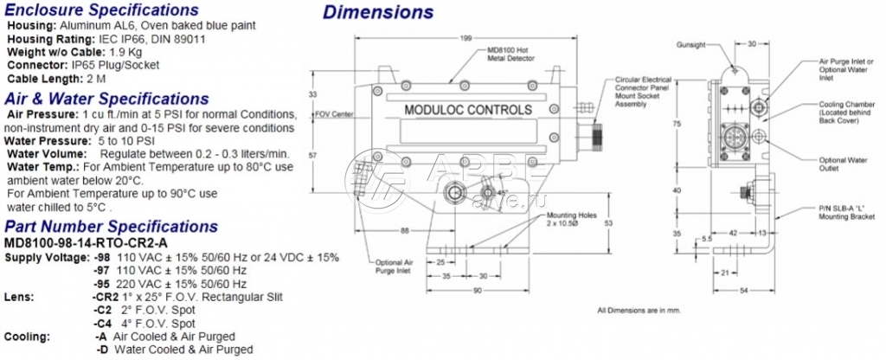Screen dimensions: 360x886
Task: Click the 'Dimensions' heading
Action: tap(378, 13)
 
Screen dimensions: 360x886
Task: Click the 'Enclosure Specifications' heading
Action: tap(101, 10)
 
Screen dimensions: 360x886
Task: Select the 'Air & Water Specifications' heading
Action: tap(106, 99)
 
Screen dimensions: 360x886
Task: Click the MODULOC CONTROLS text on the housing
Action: tap(469, 111)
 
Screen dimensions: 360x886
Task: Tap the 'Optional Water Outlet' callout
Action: tap(844, 164)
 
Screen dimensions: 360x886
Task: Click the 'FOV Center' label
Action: tap(333, 113)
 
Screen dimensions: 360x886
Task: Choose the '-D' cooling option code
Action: tap(102, 350)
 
